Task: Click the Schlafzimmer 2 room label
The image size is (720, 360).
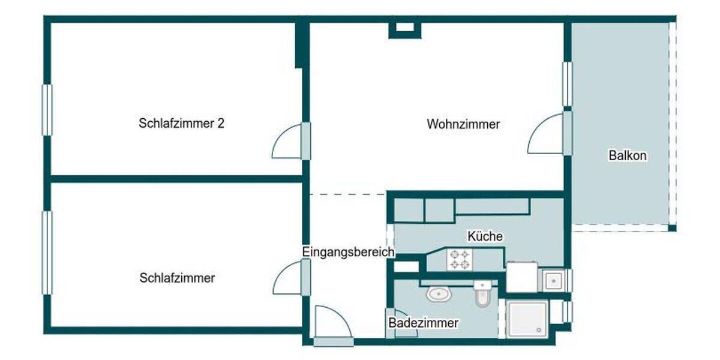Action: point(182,124)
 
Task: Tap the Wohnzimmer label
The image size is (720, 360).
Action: point(463,125)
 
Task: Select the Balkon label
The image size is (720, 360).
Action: point(628,155)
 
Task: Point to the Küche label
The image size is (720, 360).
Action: point(485,236)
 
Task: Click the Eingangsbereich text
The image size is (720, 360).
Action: point(348,252)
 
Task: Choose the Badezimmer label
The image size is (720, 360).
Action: point(423,323)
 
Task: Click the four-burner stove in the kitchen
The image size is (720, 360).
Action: point(460,259)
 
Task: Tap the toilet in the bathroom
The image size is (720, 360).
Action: point(482,293)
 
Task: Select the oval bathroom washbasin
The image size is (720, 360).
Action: point(440,294)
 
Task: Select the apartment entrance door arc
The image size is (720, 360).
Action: point(332,323)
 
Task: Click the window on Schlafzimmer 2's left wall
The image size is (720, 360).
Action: point(46,110)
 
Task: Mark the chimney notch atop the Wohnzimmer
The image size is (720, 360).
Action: point(406,28)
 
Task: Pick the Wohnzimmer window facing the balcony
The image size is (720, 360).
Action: point(566,84)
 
